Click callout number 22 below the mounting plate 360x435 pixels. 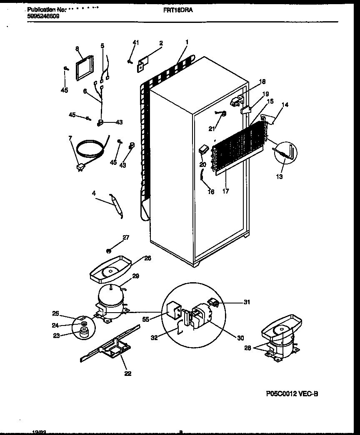pos(127,373)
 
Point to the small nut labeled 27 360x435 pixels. pos(108,250)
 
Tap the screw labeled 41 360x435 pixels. pos(130,61)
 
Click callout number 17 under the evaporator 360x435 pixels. pos(225,192)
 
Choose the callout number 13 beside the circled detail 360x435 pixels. pos(279,177)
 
